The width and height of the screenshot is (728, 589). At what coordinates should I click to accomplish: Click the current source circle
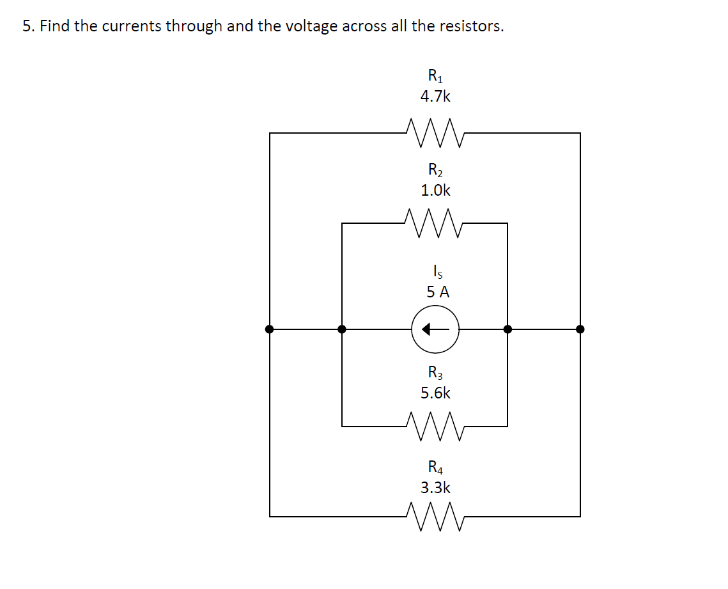click(435, 329)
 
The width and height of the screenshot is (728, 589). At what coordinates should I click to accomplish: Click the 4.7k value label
click(435, 97)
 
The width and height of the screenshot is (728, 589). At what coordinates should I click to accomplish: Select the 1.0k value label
click(435, 190)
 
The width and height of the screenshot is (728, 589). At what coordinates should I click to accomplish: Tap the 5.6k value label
click(435, 393)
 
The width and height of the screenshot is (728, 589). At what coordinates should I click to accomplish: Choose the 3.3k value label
click(435, 487)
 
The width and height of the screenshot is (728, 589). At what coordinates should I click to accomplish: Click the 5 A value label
click(438, 292)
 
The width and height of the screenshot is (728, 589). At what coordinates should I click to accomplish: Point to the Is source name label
click(436, 272)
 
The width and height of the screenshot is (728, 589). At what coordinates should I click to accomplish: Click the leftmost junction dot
click(270, 329)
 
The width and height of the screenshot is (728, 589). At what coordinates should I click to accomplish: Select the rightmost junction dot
click(580, 329)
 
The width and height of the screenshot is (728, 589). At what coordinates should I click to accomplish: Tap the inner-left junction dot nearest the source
click(342, 329)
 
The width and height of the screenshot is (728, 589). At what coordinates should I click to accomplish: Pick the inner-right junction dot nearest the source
click(507, 329)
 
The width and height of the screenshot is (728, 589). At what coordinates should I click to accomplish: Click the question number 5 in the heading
click(27, 26)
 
